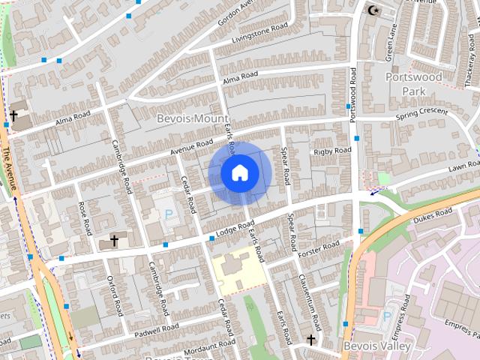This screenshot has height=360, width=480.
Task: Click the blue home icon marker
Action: tap(239, 172)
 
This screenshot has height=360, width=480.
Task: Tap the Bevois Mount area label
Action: tap(193, 118)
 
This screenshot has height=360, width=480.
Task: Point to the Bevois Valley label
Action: tap(376, 346)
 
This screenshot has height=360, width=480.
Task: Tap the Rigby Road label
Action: tap(332, 151)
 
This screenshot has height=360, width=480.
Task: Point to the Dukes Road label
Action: tap(434, 214)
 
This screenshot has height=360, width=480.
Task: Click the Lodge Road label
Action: tap(229, 229)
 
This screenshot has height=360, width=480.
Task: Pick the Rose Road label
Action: tap(84, 216)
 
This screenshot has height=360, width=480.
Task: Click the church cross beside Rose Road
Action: tap(114, 241)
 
